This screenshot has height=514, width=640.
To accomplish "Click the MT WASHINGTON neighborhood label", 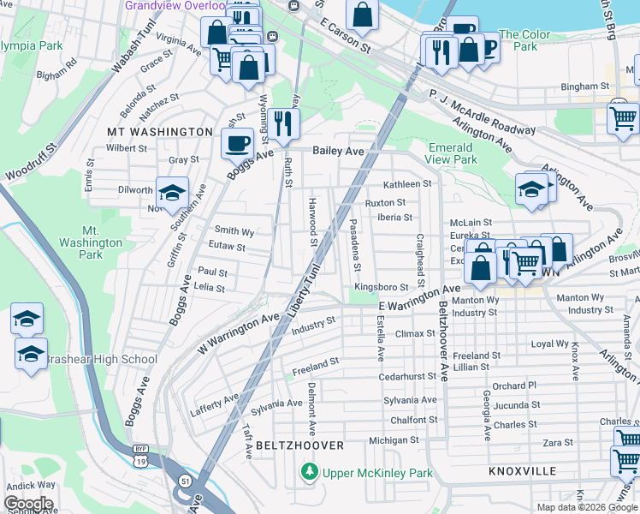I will click(159, 132).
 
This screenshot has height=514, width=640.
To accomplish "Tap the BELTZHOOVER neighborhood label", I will click(299, 445).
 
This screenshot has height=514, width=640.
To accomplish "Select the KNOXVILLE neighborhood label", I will click(522, 471).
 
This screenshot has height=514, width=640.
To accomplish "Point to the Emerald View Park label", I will click(453, 152).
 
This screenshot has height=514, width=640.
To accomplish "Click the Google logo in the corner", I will click(28, 503).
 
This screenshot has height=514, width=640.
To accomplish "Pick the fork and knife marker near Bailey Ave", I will click(282, 123).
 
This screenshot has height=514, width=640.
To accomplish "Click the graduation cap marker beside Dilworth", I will click(172, 193).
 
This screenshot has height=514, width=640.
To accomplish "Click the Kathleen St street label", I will click(406, 184).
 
